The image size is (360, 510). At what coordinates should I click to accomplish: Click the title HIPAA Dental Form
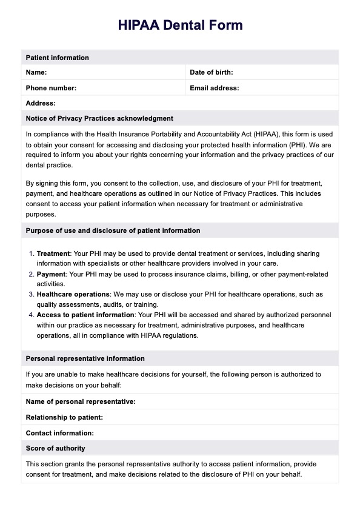(180, 25)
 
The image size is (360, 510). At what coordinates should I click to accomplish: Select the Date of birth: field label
(212, 73)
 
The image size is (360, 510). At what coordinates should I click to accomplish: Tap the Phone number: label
(51, 88)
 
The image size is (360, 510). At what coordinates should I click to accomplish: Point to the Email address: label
(215, 88)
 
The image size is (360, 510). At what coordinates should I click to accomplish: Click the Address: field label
(41, 104)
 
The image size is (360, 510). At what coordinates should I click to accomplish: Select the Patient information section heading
(57, 58)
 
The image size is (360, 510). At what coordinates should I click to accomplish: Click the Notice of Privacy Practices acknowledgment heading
(99, 118)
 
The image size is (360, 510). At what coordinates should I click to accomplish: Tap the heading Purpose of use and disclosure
(113, 230)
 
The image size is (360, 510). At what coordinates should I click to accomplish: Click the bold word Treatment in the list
(53, 253)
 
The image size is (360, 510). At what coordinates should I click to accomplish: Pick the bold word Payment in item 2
(51, 275)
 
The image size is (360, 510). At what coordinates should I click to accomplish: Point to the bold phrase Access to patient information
(85, 315)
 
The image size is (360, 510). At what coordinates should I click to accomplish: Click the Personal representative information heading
(85, 358)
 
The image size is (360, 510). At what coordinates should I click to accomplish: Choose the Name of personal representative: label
(81, 401)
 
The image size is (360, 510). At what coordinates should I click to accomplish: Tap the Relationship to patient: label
(64, 417)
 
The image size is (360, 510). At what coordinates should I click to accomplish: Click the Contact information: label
(60, 433)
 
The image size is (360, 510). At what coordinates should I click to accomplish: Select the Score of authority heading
(55, 448)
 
